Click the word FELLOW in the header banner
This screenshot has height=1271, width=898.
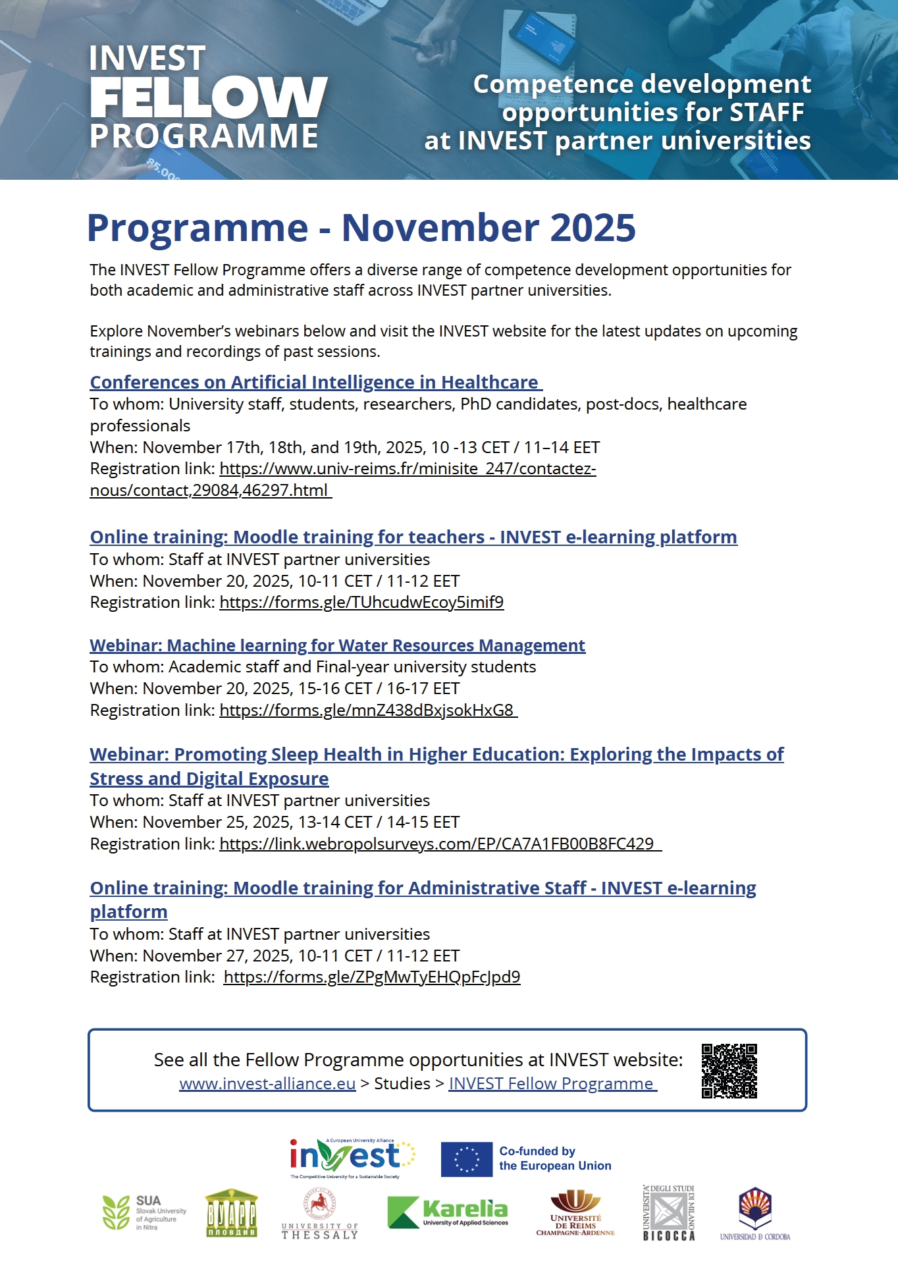(208, 97)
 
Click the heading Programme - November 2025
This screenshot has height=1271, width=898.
(361, 228)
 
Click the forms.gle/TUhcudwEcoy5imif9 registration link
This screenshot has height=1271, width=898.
(361, 603)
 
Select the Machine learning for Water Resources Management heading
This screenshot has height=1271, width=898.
(337, 645)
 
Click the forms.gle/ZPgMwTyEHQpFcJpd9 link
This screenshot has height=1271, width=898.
(372, 977)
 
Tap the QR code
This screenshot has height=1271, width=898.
(729, 1070)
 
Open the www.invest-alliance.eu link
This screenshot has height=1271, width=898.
(267, 1084)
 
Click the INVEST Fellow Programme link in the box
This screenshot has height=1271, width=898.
(552, 1084)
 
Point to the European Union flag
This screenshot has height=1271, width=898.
(466, 1159)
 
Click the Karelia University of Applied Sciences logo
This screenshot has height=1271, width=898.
(448, 1212)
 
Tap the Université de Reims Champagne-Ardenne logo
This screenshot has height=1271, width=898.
(575, 1213)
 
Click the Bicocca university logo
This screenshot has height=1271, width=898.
(669, 1213)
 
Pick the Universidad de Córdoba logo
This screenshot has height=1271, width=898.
(755, 1214)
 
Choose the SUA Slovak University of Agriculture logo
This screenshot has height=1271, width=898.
(144, 1212)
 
